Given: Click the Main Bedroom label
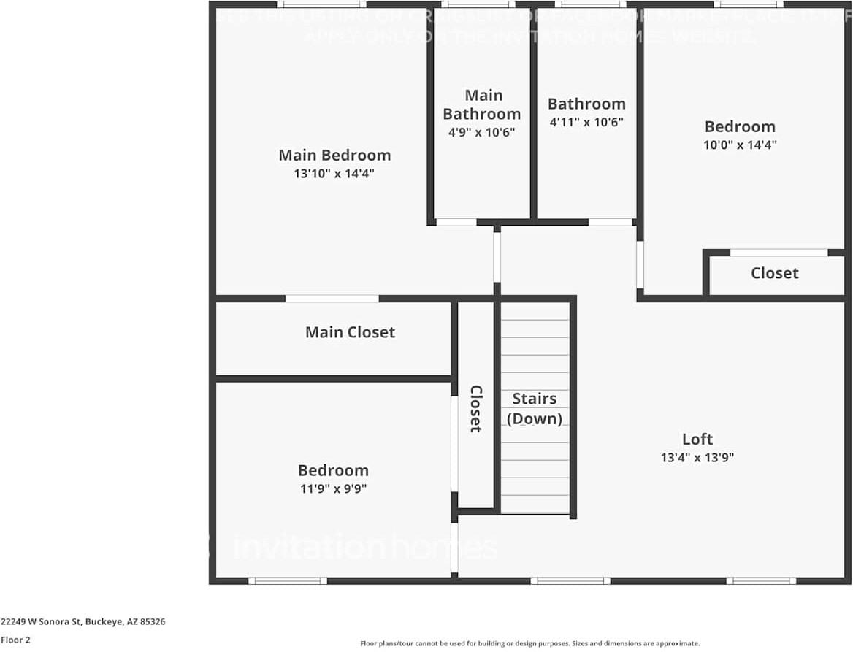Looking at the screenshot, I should (334, 155).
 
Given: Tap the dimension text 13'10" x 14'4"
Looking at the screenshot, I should (334, 174).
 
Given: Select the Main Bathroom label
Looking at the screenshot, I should (482, 104).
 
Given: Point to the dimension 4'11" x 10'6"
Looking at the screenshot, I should (586, 123).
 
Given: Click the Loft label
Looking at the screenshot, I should (697, 439).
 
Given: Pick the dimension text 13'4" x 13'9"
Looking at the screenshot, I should (697, 458).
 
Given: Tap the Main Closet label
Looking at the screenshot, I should (350, 332).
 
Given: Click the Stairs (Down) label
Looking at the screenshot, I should (535, 408).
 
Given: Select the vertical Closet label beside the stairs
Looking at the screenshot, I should (475, 409).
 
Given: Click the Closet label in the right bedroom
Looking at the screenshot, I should (774, 273).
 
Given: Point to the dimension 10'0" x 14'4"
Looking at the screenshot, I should (740, 145).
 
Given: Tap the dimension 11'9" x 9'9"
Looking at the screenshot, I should (333, 489).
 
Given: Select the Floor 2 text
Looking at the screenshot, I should (15, 640).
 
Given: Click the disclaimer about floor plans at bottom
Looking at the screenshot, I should (529, 643).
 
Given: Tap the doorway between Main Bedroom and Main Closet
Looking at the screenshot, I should (332, 299).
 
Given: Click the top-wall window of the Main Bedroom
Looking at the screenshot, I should (321, 4).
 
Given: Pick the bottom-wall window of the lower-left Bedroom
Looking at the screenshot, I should (288, 581).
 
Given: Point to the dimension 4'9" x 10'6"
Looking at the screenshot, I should (482, 132).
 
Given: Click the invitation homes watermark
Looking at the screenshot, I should (365, 548).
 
